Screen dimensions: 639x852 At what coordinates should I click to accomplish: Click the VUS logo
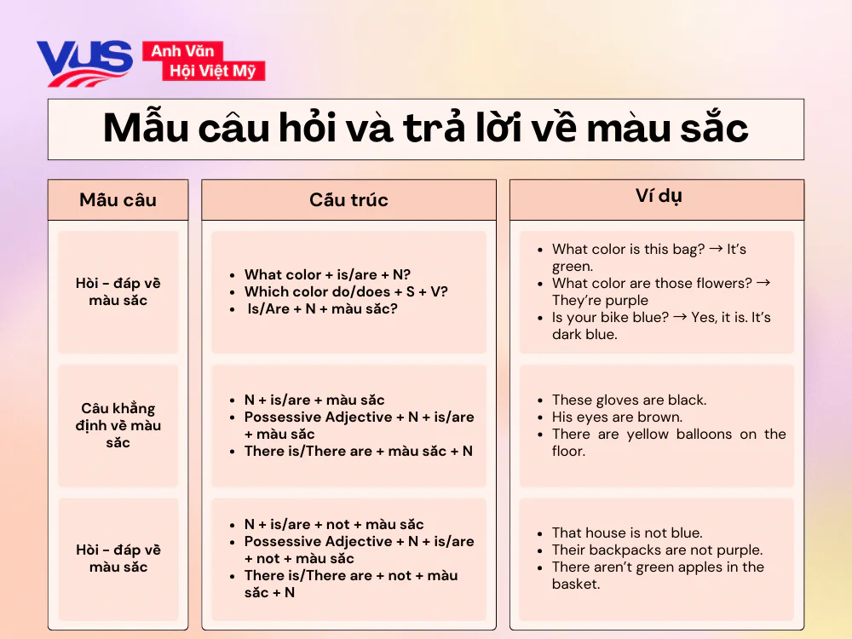click(83, 62)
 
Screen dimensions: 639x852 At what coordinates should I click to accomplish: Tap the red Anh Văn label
click(182, 51)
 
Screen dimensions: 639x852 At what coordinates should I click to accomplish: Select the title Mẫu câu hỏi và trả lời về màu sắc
click(425, 129)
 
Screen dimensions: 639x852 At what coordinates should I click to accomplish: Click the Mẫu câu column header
click(118, 200)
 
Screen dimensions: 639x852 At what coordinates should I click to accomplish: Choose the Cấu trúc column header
click(348, 200)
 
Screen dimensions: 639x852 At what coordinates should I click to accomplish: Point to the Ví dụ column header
click(657, 196)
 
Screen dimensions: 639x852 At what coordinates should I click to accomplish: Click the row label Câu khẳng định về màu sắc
click(118, 425)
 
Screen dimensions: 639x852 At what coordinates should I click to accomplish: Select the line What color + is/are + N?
click(327, 274)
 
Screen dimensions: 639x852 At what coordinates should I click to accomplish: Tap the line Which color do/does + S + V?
click(346, 291)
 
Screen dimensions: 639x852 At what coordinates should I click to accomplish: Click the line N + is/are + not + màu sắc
click(334, 524)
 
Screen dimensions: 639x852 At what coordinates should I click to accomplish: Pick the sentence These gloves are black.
click(629, 400)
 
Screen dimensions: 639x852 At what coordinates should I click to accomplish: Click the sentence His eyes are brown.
click(617, 417)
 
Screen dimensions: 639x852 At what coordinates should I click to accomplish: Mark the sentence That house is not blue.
click(627, 532)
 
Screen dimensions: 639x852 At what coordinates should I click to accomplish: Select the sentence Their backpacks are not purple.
click(657, 550)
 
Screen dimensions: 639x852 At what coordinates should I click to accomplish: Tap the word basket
click(575, 584)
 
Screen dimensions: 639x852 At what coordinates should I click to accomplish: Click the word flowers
click(722, 283)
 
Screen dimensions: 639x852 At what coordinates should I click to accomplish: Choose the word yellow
click(648, 434)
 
